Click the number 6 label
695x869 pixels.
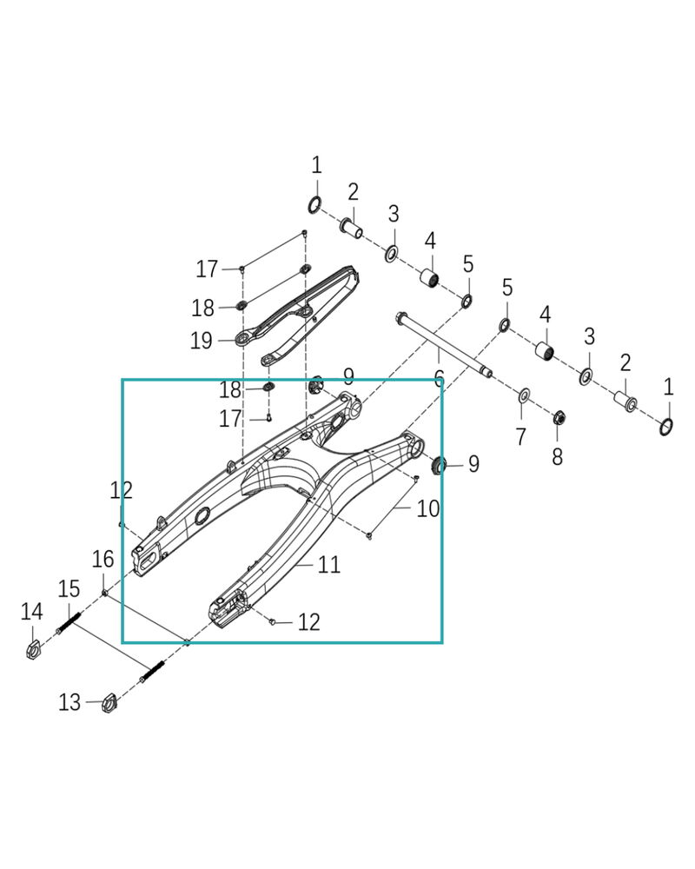(x=439, y=379)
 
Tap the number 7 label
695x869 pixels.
(x=520, y=437)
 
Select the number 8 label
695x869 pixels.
(x=558, y=457)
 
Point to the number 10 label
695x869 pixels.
(x=428, y=508)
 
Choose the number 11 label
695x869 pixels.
(x=328, y=564)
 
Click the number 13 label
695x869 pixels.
(x=69, y=702)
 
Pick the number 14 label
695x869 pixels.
(x=31, y=611)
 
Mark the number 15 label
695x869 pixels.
(x=69, y=588)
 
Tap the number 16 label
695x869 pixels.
(x=103, y=559)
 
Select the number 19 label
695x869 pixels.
(x=202, y=341)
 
